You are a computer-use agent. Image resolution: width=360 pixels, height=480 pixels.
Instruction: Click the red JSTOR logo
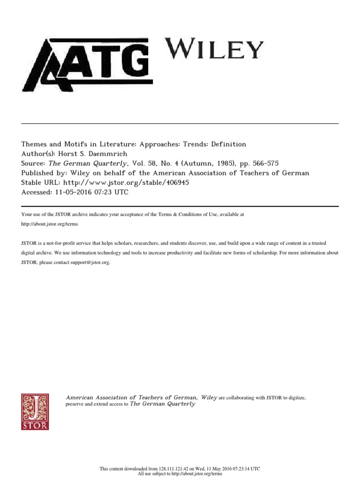(35, 411)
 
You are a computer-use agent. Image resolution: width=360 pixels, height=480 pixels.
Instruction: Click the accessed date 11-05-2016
(72, 192)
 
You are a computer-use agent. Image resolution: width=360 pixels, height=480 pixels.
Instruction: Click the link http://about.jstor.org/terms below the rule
(50, 224)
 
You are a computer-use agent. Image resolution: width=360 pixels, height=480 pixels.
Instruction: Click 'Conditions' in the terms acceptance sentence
(188, 214)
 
